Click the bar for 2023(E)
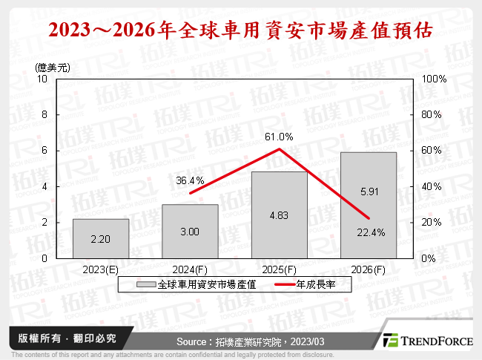point(100,238)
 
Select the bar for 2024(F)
point(190,231)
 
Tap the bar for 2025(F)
point(279,215)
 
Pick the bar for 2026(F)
point(369,205)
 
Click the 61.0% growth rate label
point(279,137)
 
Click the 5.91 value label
point(369,191)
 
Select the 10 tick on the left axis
point(42,79)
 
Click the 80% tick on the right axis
point(432,115)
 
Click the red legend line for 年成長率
point(285,284)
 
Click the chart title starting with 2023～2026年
point(240,32)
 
